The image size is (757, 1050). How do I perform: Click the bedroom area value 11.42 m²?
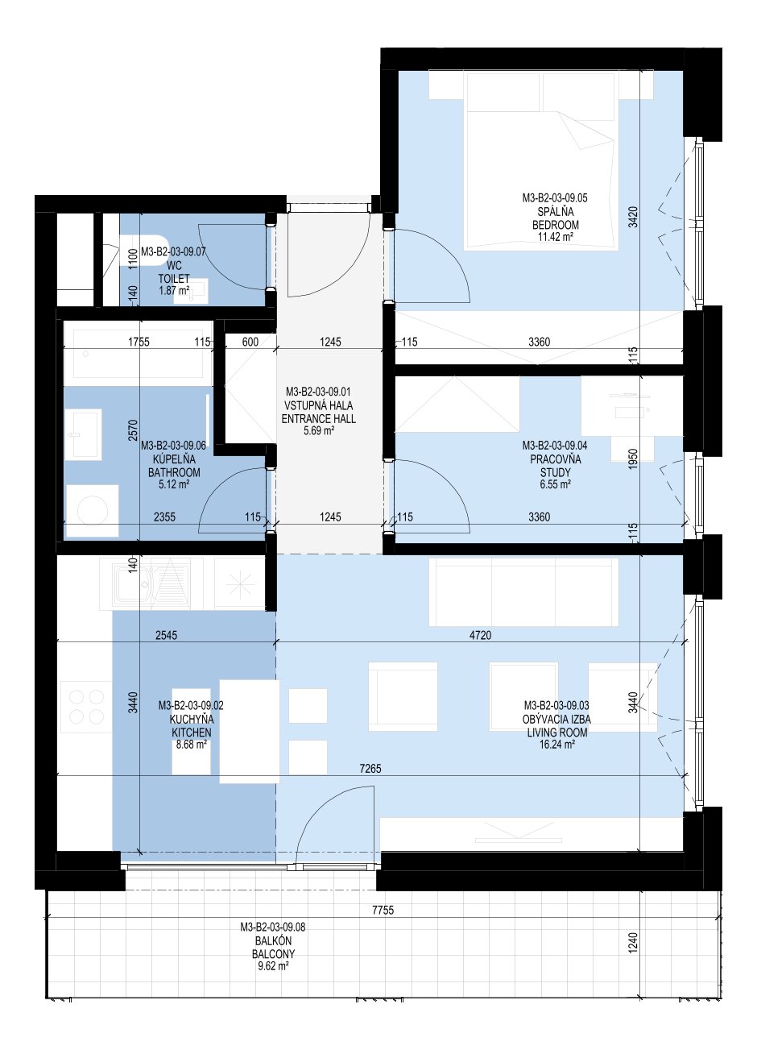tap(555, 237)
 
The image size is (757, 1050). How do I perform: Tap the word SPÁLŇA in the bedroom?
tap(555, 211)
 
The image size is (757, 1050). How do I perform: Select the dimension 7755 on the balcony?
tap(383, 911)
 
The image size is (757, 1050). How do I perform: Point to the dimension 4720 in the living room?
tap(480, 635)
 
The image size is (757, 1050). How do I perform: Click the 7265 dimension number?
tap(370, 768)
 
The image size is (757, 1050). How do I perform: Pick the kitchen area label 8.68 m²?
tap(191, 745)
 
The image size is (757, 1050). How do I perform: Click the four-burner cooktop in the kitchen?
tap(86, 708)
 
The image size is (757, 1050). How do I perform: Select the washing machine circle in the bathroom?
tap(93, 510)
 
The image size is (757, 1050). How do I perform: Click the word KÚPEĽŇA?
tap(174, 459)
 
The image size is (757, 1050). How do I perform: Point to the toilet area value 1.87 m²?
tap(174, 291)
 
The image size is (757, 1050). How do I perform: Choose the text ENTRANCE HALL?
tap(319, 418)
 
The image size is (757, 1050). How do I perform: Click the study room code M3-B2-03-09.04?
tap(555, 445)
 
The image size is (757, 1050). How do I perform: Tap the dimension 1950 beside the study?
tap(633, 459)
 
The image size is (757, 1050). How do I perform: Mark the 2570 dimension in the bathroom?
tap(133, 430)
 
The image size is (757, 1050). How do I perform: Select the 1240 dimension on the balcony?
tap(633, 942)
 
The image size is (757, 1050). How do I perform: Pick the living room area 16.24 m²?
tap(556, 745)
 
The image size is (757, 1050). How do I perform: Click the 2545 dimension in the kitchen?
tap(166, 635)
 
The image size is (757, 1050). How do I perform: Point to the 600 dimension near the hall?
tap(250, 342)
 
